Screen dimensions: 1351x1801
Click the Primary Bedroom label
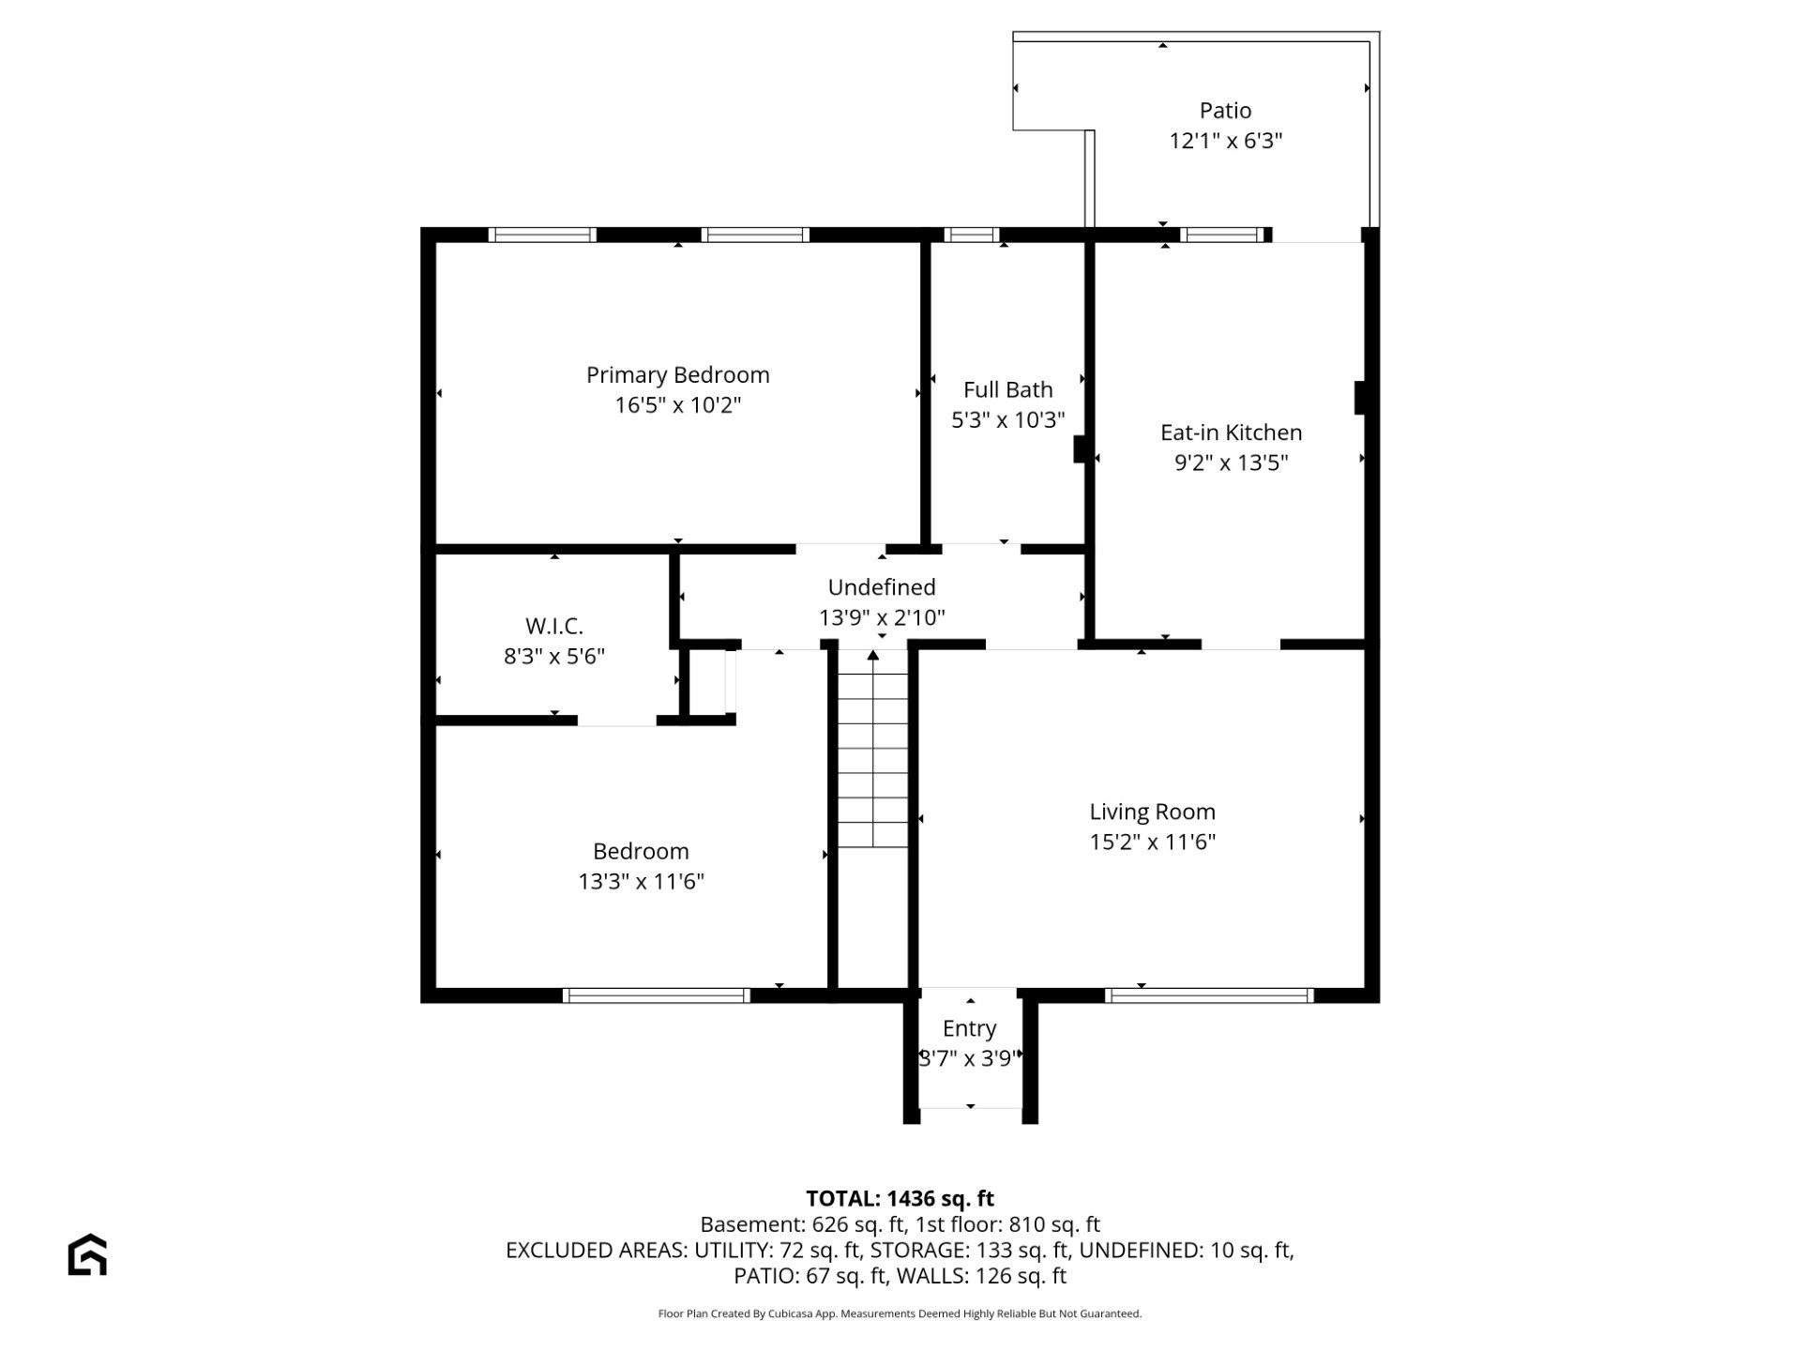677,375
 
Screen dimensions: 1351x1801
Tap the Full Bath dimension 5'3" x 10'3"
1007,419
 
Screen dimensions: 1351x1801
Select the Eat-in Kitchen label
1231,433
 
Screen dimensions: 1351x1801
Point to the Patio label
1225,111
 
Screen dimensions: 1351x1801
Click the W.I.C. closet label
553,626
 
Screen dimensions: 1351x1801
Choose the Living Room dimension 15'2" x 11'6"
1152,842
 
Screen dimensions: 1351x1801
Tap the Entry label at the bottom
969,1028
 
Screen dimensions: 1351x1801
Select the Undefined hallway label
881,587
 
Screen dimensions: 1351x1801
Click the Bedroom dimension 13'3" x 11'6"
641,881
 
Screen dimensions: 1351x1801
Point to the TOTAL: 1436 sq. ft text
900,1198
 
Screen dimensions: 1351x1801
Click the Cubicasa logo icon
87,1254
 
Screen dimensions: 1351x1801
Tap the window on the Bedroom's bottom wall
656,995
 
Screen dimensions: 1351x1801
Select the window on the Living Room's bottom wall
1209,995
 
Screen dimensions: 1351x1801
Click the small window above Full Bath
971,235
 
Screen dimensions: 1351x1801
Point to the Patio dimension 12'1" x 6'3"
1225,141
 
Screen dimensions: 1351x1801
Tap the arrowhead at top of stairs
872,654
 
